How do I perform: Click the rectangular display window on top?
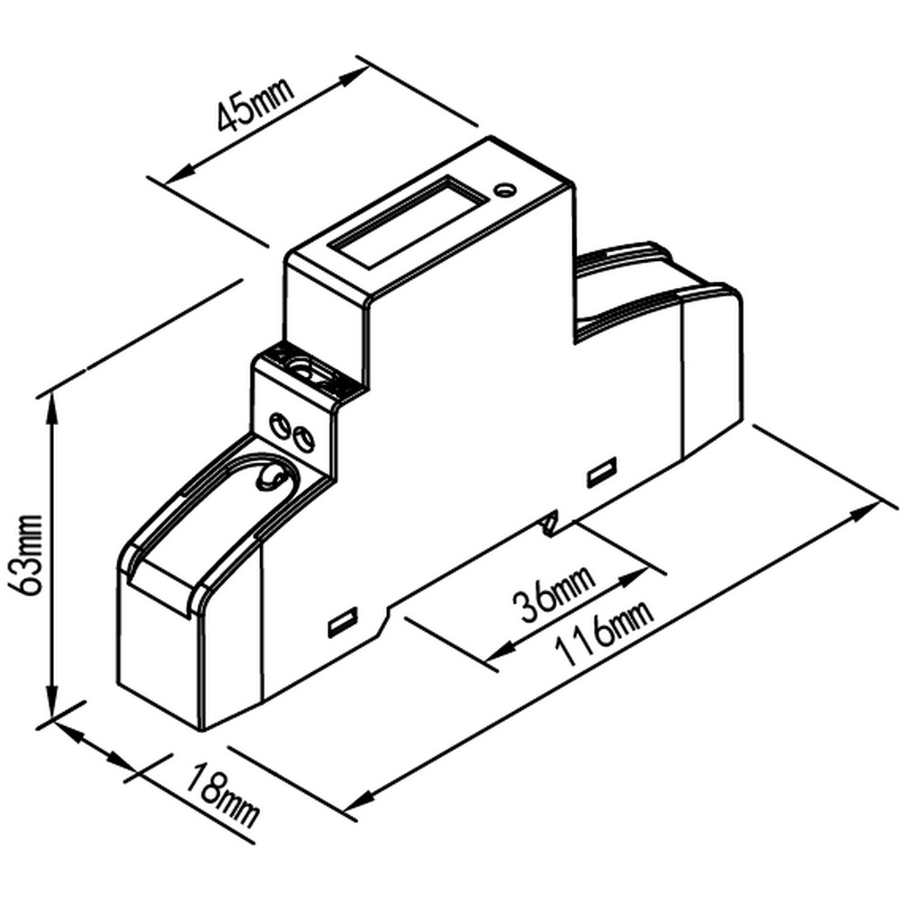tap(409, 220)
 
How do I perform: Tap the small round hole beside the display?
tap(505, 190)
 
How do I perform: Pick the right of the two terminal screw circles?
tap(304, 439)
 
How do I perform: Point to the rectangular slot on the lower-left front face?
tap(342, 622)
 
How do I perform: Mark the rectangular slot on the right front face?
tap(601, 472)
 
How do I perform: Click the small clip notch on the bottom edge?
tap(552, 521)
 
